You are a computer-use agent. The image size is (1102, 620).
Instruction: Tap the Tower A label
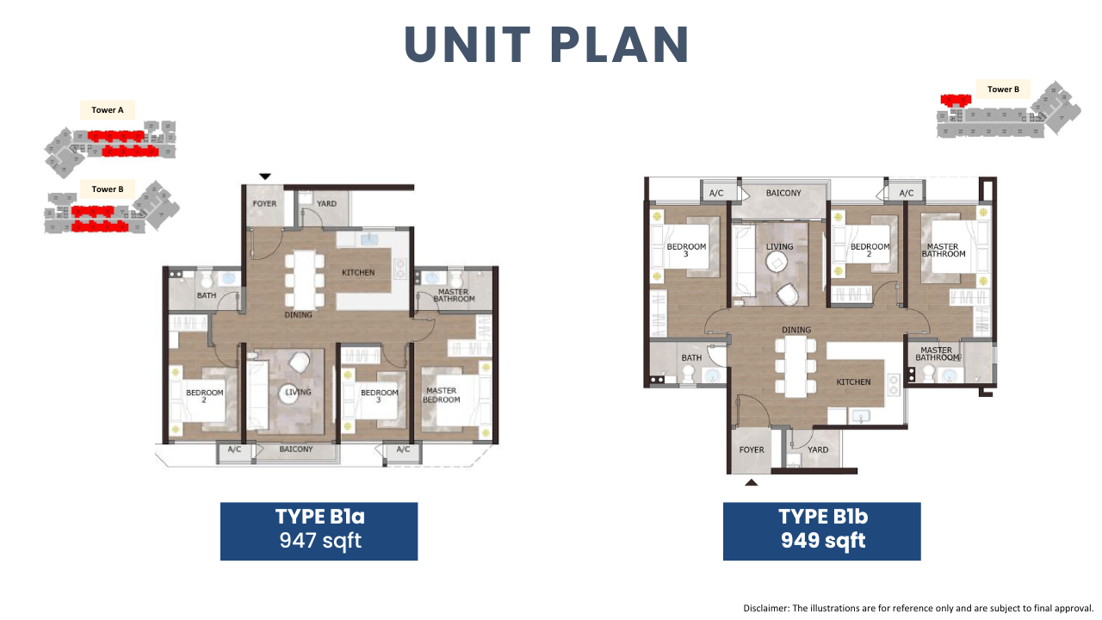click(x=108, y=109)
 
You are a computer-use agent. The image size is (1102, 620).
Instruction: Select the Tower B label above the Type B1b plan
click(x=1003, y=89)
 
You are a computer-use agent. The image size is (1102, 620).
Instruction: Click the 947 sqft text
click(x=320, y=540)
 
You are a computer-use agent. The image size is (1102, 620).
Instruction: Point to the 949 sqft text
click(x=823, y=540)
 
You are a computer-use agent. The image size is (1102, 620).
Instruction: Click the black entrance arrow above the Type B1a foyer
click(x=265, y=177)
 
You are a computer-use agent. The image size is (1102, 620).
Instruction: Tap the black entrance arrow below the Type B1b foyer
click(x=752, y=483)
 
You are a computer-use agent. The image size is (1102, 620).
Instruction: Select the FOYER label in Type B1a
click(x=264, y=203)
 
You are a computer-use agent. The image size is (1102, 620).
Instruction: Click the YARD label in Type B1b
click(x=818, y=449)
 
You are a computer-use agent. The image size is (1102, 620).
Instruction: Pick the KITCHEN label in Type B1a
click(x=358, y=272)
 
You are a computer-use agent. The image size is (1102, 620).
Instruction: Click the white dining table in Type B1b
click(x=796, y=367)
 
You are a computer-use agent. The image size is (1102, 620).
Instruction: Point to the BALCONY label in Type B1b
click(x=783, y=193)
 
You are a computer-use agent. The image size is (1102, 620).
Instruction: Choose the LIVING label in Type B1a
click(x=298, y=392)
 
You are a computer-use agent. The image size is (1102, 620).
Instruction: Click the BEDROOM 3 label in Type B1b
click(x=686, y=250)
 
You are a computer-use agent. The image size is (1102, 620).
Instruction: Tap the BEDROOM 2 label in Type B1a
click(x=205, y=396)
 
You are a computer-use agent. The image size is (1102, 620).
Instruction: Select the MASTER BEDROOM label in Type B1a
click(x=442, y=394)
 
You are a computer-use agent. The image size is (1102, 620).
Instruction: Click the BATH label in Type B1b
click(x=691, y=357)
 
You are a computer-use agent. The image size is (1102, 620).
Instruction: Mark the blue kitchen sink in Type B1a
click(x=369, y=239)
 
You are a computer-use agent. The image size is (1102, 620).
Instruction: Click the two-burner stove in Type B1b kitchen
click(x=894, y=385)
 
